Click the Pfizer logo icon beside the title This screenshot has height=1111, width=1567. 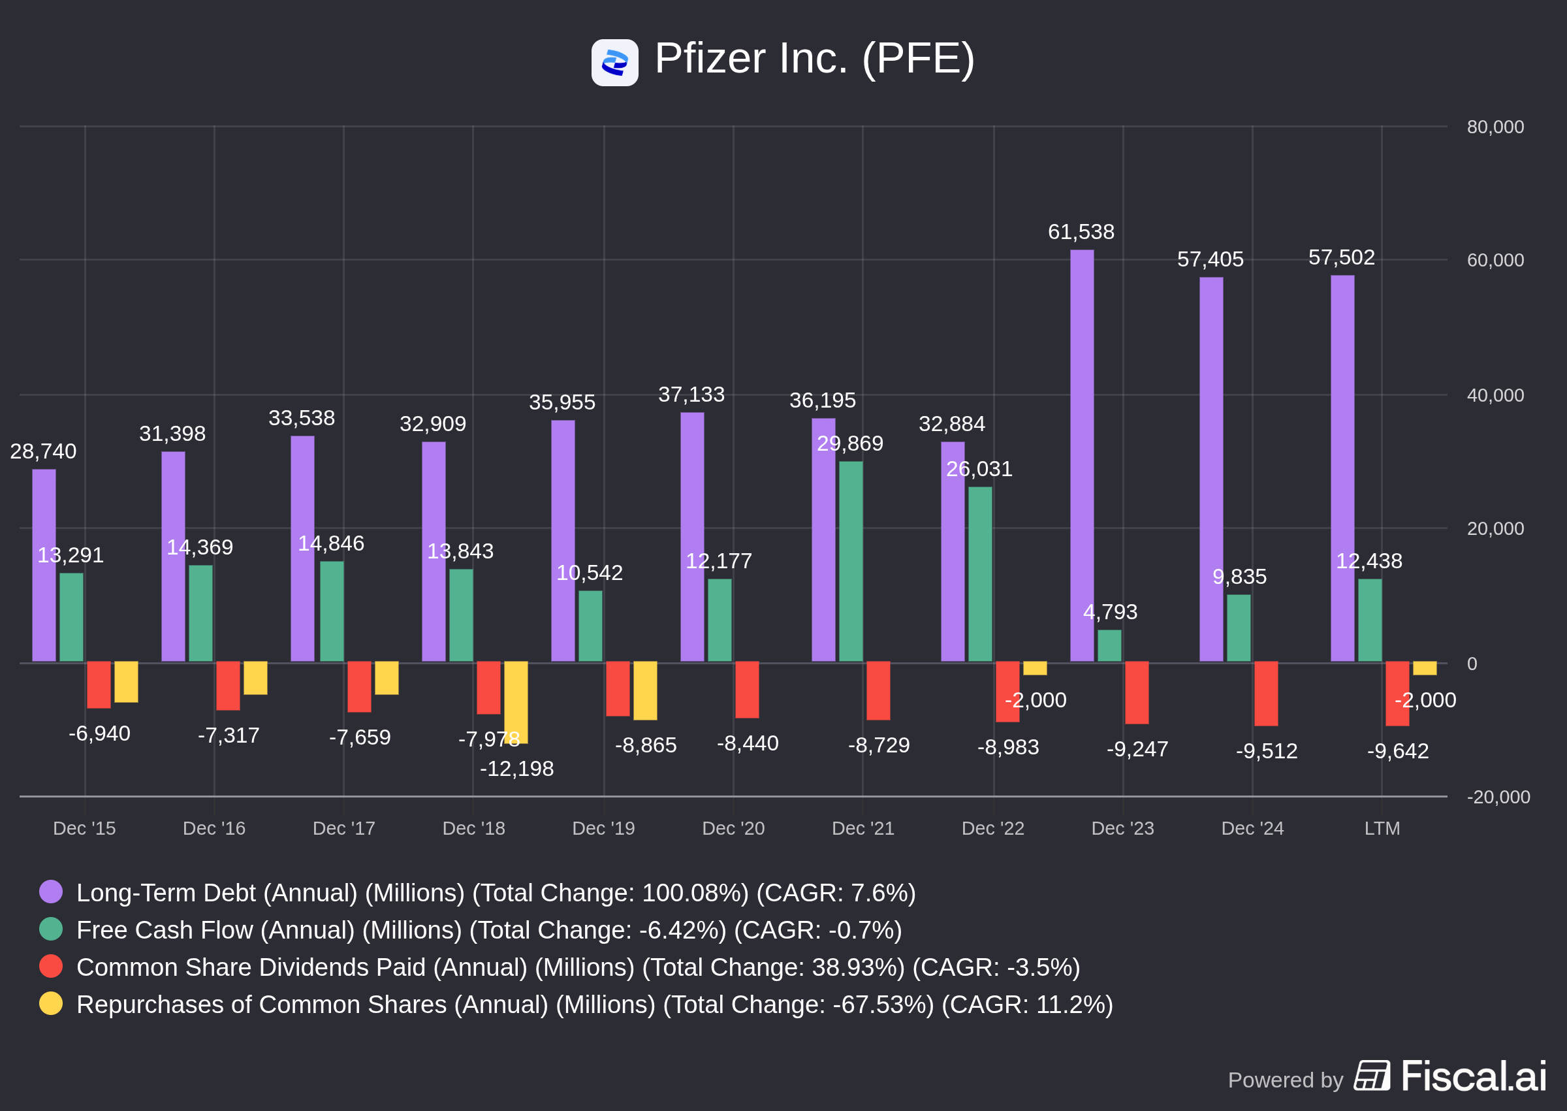(x=614, y=63)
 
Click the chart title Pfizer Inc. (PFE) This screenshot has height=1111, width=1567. (x=814, y=59)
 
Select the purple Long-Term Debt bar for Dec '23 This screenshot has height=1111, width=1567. (x=1082, y=456)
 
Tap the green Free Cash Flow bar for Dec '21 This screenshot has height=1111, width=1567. (x=851, y=562)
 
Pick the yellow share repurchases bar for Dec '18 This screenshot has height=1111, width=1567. (x=516, y=702)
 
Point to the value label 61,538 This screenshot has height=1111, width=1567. (x=1081, y=232)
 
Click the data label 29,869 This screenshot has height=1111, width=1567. (x=850, y=443)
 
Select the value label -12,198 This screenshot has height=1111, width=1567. (x=516, y=768)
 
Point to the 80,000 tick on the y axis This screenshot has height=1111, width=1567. (x=1495, y=127)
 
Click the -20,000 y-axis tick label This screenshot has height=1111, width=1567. (x=1498, y=797)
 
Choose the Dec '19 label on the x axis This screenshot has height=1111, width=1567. (x=603, y=828)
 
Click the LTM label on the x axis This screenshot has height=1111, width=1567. (x=1382, y=828)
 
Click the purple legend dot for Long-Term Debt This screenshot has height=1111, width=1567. (x=50, y=892)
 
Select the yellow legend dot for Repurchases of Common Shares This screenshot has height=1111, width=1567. (x=50, y=1004)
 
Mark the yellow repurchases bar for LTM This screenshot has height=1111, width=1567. (x=1424, y=668)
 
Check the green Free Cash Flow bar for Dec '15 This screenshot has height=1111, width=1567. (x=71, y=617)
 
